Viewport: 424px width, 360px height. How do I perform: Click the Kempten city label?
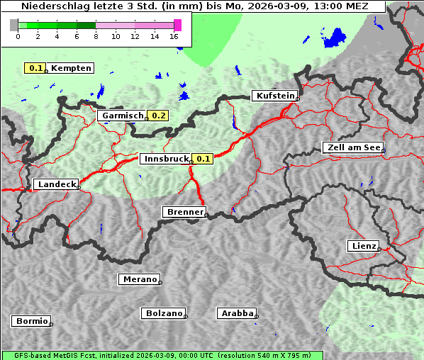(71, 68)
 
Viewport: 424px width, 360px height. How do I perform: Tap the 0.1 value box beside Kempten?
(34, 68)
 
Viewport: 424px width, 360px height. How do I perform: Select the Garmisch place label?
(123, 116)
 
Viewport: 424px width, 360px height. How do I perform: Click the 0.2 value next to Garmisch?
(159, 116)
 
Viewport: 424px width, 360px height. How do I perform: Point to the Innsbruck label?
(166, 159)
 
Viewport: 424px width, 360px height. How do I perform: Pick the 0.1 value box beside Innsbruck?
(203, 159)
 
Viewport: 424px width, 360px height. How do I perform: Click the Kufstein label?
(274, 96)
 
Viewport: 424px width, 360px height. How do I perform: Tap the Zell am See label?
(352, 147)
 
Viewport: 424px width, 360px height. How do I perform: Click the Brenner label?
(184, 212)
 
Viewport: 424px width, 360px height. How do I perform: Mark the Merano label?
(139, 279)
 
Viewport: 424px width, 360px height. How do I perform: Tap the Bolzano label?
(164, 313)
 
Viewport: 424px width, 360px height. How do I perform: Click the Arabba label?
(237, 313)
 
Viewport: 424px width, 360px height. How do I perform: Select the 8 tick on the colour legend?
(96, 35)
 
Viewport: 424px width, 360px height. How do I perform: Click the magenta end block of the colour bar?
(177, 25)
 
